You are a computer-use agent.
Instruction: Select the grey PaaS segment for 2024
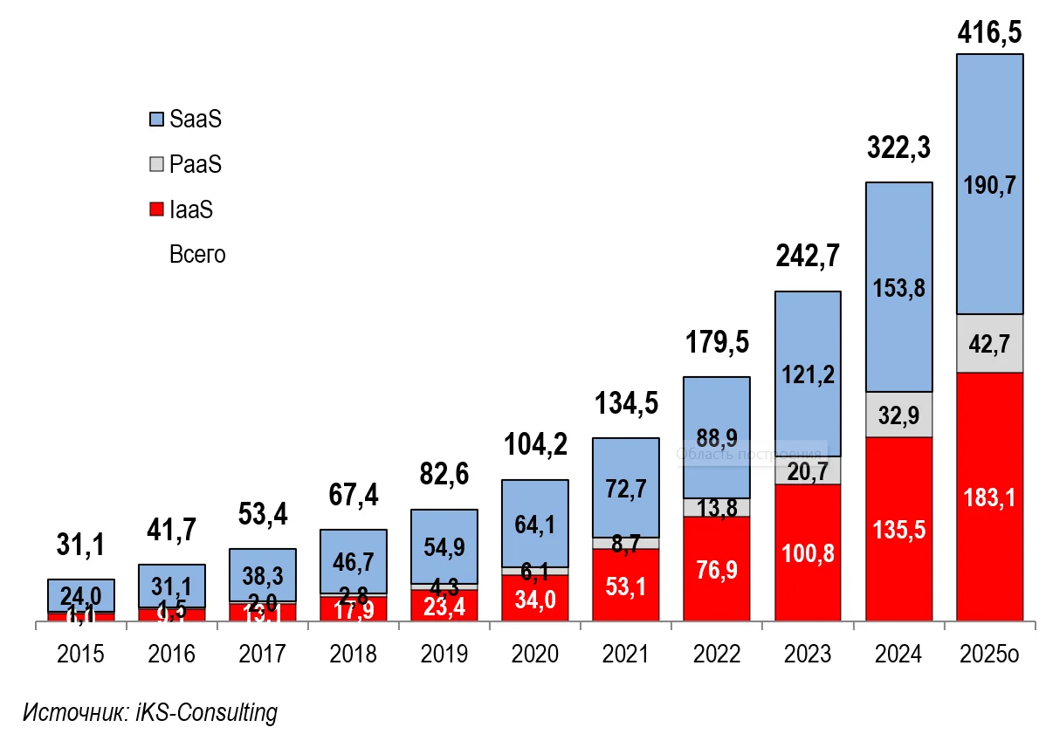tap(898, 414)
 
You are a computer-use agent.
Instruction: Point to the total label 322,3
tap(898, 148)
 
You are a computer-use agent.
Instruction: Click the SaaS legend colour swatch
tap(157, 119)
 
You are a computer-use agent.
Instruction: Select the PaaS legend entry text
tap(196, 164)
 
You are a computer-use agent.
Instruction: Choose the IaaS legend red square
tap(157, 209)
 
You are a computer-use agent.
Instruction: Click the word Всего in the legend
tap(197, 255)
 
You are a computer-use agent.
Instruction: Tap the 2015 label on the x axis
tap(81, 654)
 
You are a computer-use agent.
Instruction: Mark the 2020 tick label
tap(535, 654)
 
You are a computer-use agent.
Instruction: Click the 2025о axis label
tap(989, 654)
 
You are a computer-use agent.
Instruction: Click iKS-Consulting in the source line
tap(207, 712)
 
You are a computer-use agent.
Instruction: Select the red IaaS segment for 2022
tap(717, 567)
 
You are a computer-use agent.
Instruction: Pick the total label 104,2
tap(535, 444)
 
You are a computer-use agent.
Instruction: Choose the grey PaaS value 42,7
tap(989, 343)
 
